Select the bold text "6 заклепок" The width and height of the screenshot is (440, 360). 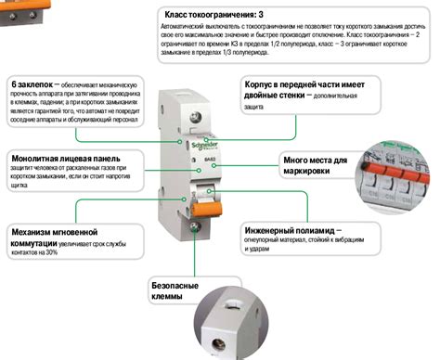pyautogui.click(x=33, y=83)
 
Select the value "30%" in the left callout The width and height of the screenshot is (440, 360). pyautogui.click(x=51, y=252)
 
